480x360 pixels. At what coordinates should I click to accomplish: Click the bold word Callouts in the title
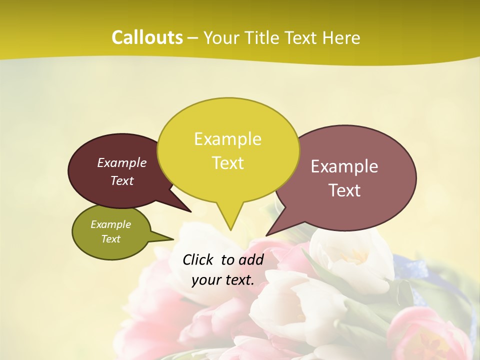(x=147, y=37)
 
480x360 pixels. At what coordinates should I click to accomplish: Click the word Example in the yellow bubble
(x=227, y=139)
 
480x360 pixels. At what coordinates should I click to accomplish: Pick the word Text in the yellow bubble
(x=227, y=163)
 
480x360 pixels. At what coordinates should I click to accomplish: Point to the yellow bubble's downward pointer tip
(x=230, y=228)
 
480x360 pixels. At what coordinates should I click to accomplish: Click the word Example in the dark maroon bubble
(x=122, y=162)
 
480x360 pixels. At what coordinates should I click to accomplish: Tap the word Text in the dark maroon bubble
(x=122, y=180)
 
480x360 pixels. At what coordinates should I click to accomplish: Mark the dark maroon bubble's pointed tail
(x=189, y=210)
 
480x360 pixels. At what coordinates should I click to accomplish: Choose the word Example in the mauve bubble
(x=344, y=166)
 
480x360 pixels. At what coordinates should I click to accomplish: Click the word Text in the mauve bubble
(x=344, y=190)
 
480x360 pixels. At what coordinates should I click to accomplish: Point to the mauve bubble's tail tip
(x=267, y=234)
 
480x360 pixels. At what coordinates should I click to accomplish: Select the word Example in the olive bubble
(x=110, y=224)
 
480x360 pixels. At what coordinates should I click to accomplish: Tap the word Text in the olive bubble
(x=110, y=239)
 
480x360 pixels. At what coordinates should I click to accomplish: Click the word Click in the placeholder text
(x=197, y=259)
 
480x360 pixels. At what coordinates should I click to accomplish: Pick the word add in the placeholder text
(x=251, y=259)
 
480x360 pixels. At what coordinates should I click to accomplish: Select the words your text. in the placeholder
(x=223, y=280)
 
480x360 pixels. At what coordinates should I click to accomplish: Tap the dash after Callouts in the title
(x=193, y=38)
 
